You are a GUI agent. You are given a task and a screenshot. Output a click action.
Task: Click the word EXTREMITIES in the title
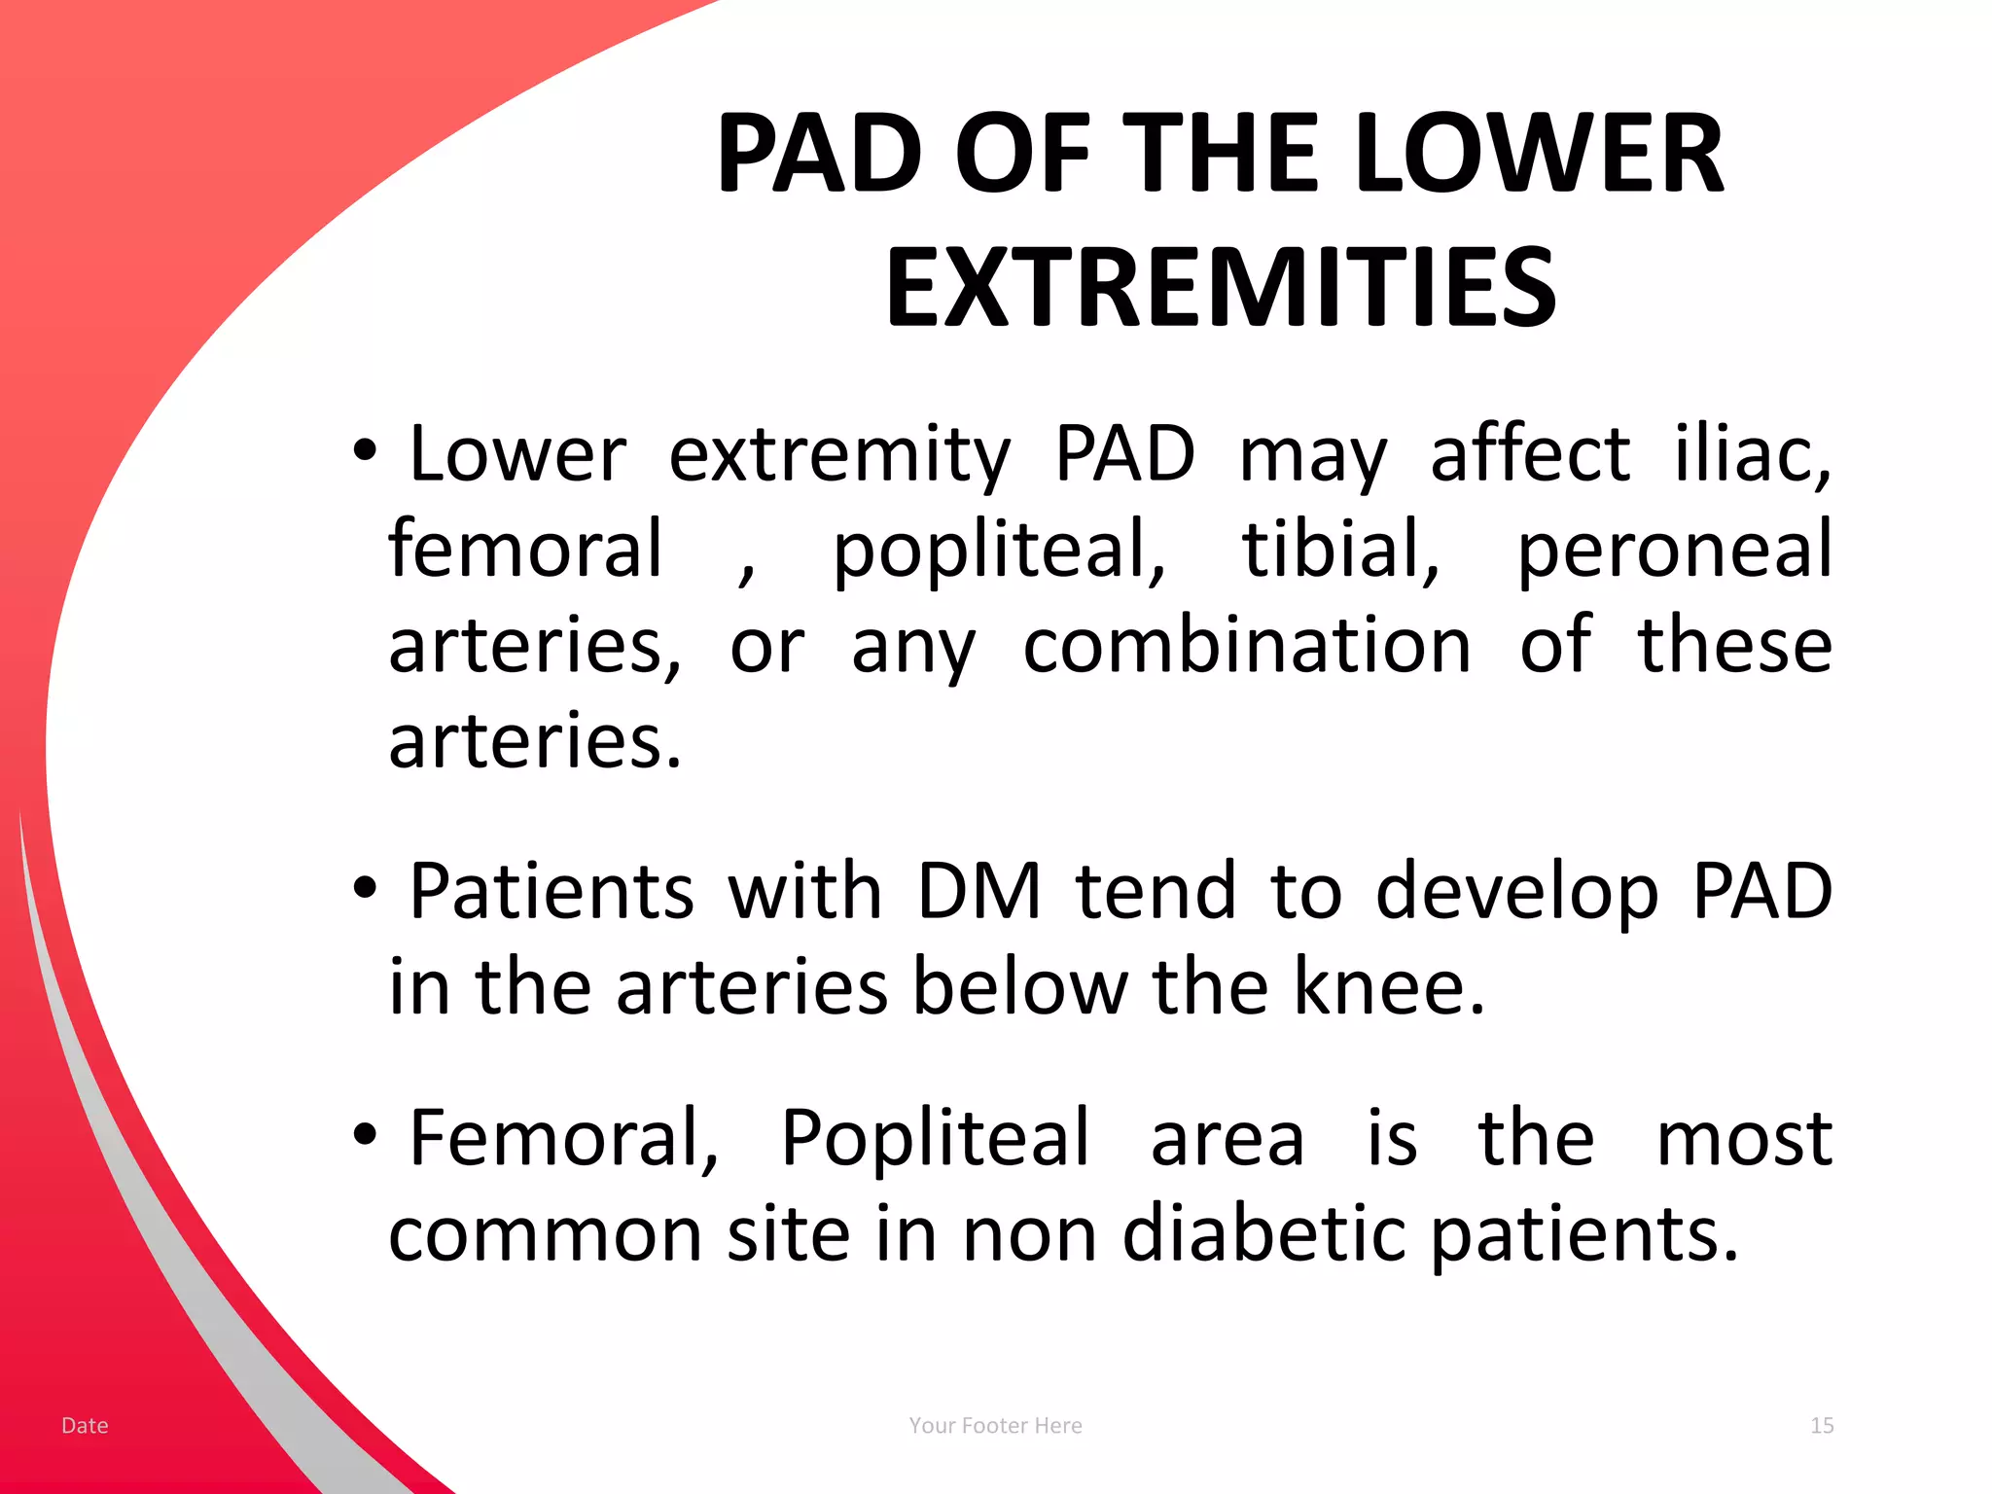[x=1221, y=288]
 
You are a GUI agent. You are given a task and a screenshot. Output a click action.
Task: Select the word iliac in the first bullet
[x=1751, y=453]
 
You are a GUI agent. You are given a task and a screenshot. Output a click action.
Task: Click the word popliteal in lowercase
[x=999, y=551]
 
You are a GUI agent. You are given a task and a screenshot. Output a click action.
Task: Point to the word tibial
[x=1340, y=549]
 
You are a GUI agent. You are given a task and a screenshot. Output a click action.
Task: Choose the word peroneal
[x=1674, y=551]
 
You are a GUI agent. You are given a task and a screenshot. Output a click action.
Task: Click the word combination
[x=1247, y=646]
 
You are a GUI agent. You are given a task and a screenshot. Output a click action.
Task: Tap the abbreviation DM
[x=978, y=891]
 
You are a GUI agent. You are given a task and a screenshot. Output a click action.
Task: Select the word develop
[x=1516, y=893]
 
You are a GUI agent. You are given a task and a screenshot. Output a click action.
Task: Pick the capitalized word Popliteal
[x=935, y=1138]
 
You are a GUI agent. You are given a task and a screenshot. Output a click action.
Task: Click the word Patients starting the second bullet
[x=551, y=891]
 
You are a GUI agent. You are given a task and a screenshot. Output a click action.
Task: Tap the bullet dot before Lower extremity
[x=364, y=450]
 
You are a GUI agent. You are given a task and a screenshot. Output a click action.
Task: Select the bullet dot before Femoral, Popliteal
[x=364, y=1133]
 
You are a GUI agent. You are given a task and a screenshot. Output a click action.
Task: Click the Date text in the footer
[x=85, y=1425]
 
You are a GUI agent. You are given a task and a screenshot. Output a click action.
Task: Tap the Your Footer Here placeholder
[x=995, y=1425]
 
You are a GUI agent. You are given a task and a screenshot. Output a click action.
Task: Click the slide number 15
[x=1821, y=1425]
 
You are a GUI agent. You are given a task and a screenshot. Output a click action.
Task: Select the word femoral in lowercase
[x=526, y=549]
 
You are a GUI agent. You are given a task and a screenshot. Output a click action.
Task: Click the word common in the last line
[x=545, y=1233]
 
